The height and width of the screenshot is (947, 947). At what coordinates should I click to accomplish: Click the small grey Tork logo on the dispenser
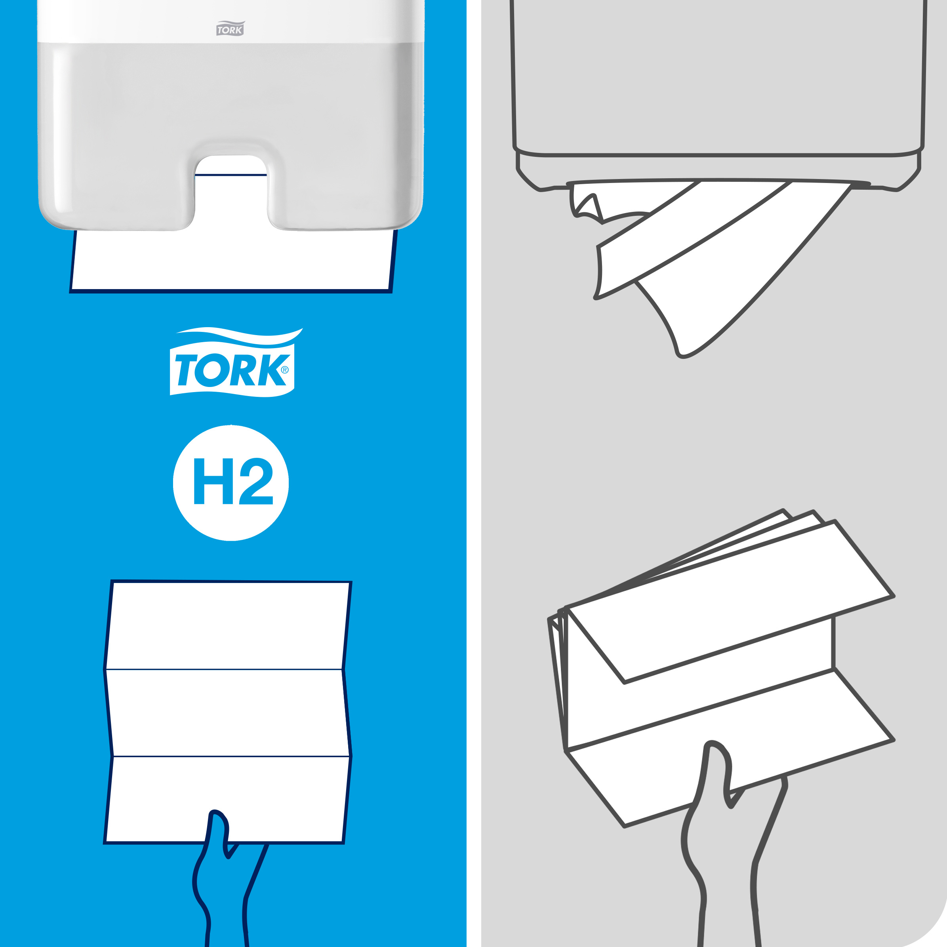click(x=230, y=29)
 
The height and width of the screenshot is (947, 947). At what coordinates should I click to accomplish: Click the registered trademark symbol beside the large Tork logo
click(x=285, y=370)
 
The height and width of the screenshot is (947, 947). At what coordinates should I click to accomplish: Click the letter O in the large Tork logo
click(x=211, y=370)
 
